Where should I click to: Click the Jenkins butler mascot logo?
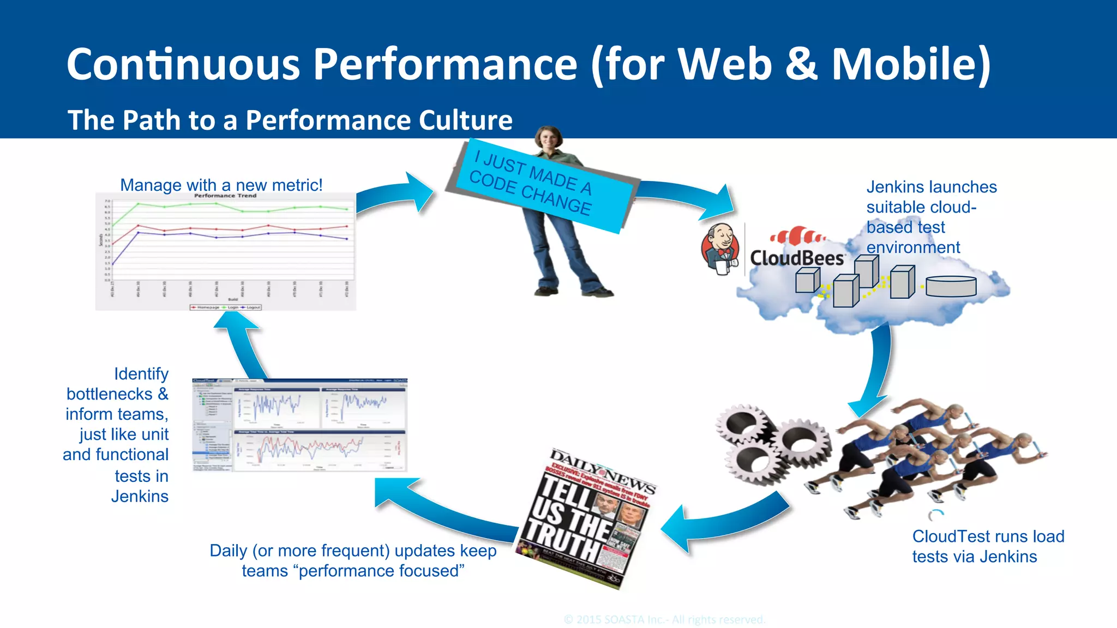721,249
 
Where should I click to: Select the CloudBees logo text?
797,257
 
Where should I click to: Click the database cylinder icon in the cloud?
951,286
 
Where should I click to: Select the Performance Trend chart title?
225,195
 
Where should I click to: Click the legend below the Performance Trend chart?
225,307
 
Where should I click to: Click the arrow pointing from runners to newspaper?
720,523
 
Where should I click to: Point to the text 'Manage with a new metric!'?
221,185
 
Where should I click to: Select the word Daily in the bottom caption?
229,551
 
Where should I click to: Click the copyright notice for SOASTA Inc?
664,620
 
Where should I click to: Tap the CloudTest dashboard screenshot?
299,425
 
